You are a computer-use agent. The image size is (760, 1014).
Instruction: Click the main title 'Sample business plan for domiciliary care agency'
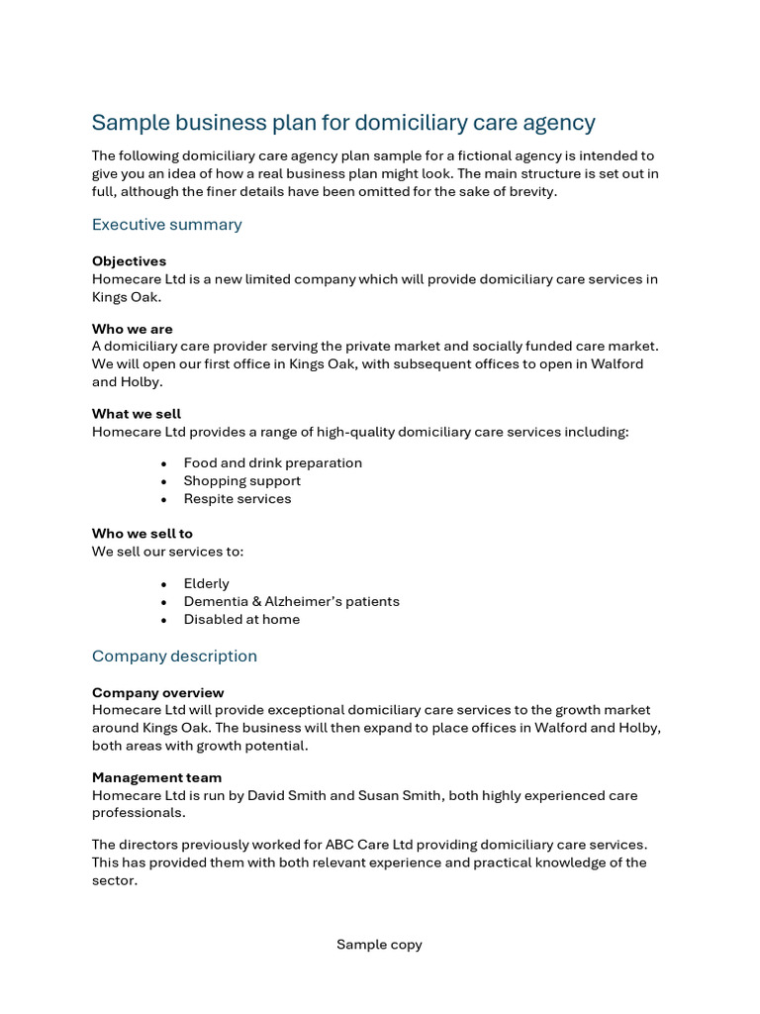click(x=343, y=123)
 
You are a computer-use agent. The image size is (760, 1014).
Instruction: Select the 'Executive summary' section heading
click(x=166, y=225)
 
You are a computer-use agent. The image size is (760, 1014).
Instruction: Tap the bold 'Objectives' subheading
click(x=129, y=261)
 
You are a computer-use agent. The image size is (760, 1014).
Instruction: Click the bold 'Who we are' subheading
click(x=132, y=329)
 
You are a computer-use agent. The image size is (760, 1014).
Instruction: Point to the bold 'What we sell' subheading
click(x=137, y=414)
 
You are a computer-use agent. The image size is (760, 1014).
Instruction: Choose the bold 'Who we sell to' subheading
click(x=142, y=534)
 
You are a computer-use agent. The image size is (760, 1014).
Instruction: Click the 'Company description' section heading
click(x=174, y=657)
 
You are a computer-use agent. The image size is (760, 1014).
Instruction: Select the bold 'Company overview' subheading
click(x=157, y=693)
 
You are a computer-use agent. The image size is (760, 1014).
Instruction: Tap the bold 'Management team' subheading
click(x=156, y=778)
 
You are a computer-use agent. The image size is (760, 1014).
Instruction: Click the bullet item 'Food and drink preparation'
click(x=272, y=463)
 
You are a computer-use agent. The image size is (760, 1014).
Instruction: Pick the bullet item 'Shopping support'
click(x=241, y=481)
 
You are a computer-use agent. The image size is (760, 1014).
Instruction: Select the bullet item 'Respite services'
click(x=237, y=499)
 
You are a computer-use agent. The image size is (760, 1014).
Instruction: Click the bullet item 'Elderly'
click(x=206, y=584)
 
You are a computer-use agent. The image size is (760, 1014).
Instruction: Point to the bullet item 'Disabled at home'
click(x=241, y=620)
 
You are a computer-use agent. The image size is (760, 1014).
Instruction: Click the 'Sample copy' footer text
click(x=379, y=945)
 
